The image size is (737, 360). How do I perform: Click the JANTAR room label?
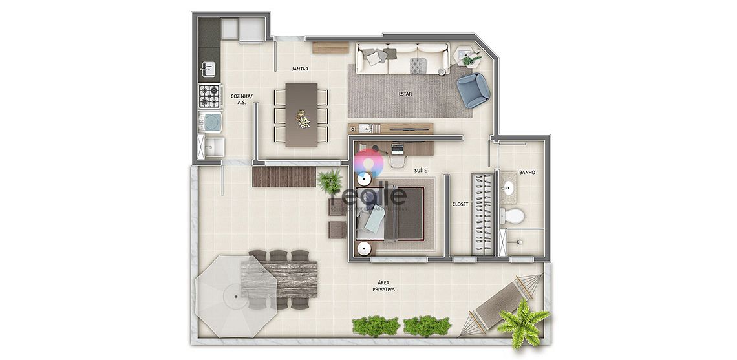(x=299, y=68)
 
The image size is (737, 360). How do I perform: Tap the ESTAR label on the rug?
(x=405, y=93)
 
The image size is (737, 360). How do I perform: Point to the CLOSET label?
(x=460, y=204)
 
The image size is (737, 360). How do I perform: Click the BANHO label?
(x=527, y=173)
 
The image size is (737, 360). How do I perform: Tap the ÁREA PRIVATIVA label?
(x=383, y=286)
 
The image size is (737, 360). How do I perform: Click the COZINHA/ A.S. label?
(x=242, y=98)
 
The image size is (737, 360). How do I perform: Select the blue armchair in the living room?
(x=473, y=89)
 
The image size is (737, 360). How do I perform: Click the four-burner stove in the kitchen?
(x=209, y=96)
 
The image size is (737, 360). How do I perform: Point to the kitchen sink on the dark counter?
(x=208, y=69)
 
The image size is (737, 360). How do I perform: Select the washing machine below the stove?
(x=210, y=122)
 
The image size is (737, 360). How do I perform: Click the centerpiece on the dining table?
(x=302, y=119)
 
